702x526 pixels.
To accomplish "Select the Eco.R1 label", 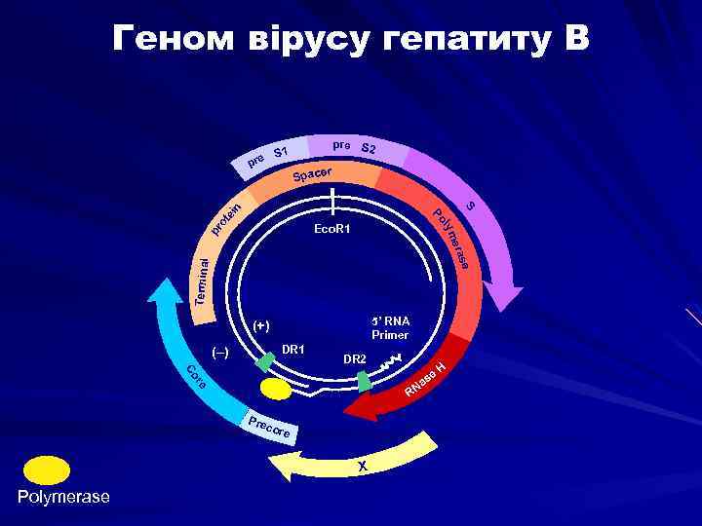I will (333, 230).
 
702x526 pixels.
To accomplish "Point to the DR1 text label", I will (293, 349).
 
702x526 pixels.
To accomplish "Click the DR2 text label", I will (355, 359).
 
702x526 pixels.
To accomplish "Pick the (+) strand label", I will (260, 325).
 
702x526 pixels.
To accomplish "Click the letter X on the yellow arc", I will (362, 466).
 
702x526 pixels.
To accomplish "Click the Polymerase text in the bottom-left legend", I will (63, 498).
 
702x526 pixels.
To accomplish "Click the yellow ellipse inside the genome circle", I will (275, 389).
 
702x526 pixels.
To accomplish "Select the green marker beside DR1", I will (263, 362).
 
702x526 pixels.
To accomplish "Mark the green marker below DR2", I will (365, 381).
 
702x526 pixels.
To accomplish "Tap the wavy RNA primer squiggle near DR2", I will (389, 362).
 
